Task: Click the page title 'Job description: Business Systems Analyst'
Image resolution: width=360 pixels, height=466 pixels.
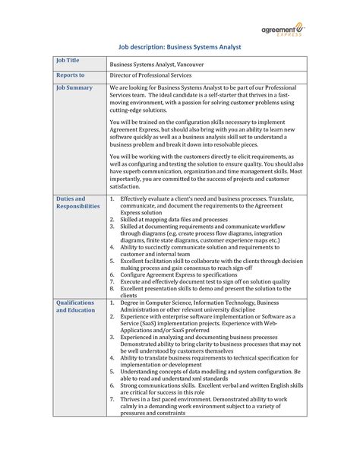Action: [180, 47]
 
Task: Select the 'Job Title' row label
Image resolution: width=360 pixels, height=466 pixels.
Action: [68, 60]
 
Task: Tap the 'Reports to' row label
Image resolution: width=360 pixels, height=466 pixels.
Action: [71, 76]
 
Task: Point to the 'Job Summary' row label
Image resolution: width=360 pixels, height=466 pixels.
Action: [74, 88]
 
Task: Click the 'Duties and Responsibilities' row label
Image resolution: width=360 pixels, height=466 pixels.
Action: [77, 201]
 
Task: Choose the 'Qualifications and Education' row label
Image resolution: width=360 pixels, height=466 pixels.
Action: [76, 306]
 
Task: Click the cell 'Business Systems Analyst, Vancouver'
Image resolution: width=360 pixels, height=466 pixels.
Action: [161, 65]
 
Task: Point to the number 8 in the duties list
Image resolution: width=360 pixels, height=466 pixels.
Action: [112, 289]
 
